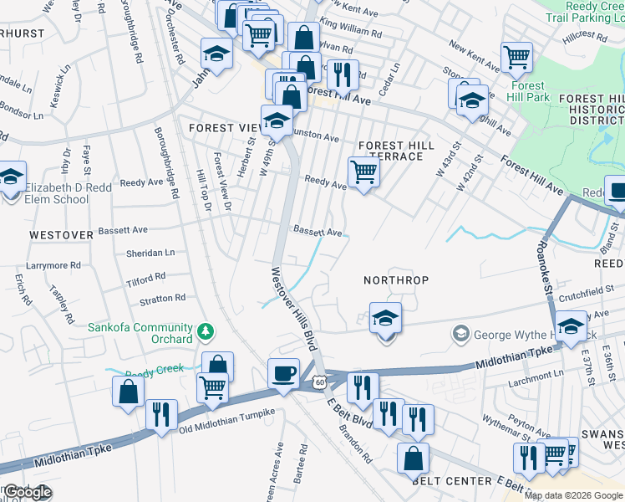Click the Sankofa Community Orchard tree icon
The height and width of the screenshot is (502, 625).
(206, 334)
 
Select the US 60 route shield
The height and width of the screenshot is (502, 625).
(320, 382)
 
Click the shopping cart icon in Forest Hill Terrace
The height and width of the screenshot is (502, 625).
(363, 172)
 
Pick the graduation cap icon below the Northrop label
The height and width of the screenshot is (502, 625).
(385, 319)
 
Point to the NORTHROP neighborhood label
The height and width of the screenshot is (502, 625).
(396, 279)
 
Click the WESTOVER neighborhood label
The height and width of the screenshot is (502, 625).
(61, 235)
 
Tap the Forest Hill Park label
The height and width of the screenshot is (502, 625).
(526, 91)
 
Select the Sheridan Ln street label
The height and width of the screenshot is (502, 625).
(150, 252)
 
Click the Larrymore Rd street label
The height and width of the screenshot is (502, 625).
(52, 265)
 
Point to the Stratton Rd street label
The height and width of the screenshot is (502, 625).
(162, 298)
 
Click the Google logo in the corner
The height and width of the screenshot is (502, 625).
(27, 492)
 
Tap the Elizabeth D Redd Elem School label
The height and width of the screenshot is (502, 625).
(56, 193)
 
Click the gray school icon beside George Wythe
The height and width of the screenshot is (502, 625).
(460, 335)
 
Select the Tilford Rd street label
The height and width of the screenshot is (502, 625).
(146, 278)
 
